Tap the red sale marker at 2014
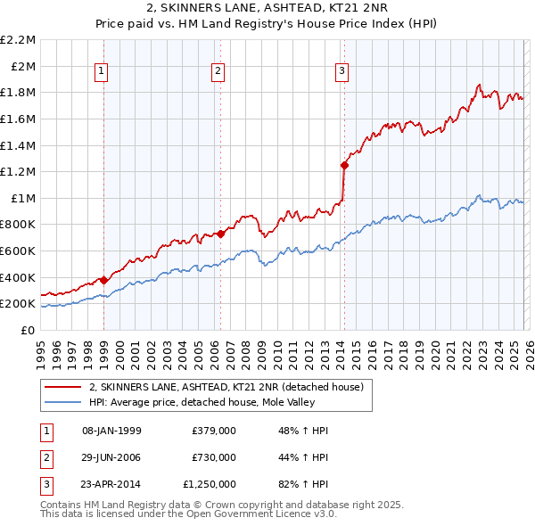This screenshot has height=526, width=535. [x=344, y=165]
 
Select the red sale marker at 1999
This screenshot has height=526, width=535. [x=103, y=280]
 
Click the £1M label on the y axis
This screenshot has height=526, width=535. [x=23, y=198]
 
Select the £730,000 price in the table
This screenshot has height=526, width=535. [x=213, y=457]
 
